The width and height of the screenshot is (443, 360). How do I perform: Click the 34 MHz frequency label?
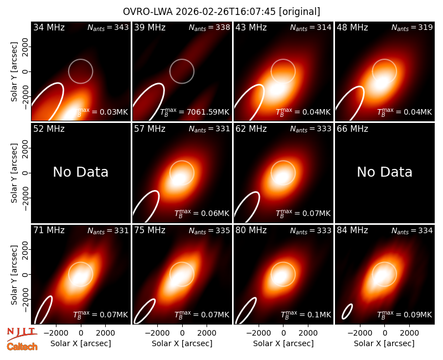(49, 27)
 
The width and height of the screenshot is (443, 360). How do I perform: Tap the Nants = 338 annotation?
(209, 27)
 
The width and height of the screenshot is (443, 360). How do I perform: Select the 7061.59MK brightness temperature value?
(208, 112)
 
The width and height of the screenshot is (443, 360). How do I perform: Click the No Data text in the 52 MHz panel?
(80, 172)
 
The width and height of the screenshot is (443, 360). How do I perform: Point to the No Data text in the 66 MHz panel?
(384, 172)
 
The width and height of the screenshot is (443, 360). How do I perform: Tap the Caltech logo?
(22, 347)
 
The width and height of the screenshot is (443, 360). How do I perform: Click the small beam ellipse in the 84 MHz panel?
(347, 311)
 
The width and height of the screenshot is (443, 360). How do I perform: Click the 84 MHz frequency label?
(352, 230)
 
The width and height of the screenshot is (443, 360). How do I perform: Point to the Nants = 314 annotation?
(311, 27)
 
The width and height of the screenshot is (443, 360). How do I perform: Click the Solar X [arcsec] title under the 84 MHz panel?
(384, 343)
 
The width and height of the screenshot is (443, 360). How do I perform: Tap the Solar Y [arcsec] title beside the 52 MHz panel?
(14, 173)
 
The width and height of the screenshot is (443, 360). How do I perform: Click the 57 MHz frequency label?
(150, 129)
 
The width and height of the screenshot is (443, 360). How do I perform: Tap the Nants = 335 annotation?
(209, 230)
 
